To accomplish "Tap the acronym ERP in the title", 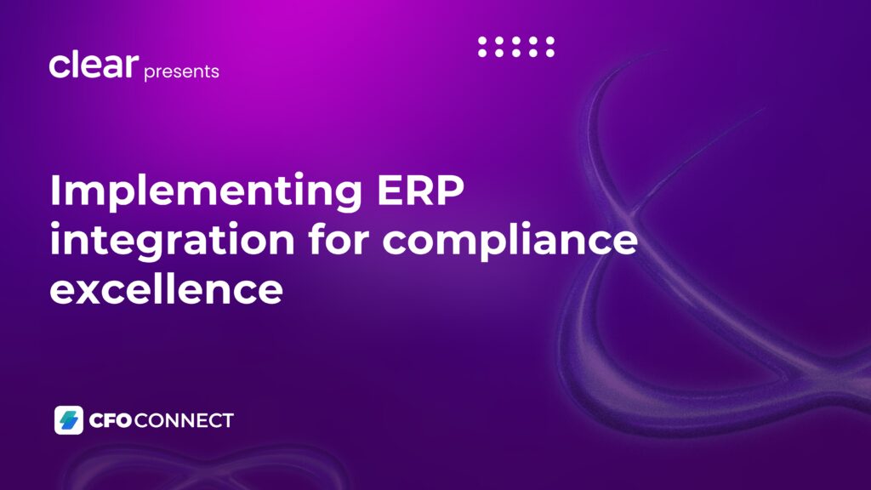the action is tap(420, 190).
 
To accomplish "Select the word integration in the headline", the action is tap(172, 241).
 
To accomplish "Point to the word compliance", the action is tap(510, 240).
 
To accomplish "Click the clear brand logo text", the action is tap(94, 65).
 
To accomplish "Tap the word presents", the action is tap(182, 71).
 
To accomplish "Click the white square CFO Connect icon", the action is tap(69, 420).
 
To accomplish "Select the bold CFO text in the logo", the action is tap(111, 420).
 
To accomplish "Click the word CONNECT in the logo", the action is tap(184, 420).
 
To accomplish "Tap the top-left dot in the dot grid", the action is tap(482, 41).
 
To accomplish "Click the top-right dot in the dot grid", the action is tap(550, 41).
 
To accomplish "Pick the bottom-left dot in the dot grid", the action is tap(482, 53).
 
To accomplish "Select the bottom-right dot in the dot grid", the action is tap(550, 53).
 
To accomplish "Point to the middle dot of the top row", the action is tap(516, 41).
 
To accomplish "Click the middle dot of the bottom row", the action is tap(516, 53).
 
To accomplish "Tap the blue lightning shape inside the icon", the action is tap(69, 420).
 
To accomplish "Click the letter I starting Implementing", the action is tap(54, 190).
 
